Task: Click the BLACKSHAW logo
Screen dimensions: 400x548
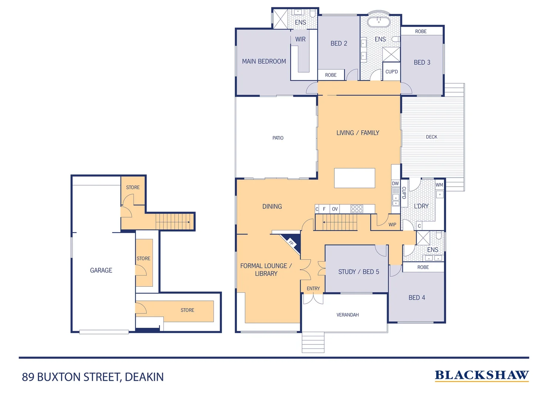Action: click(482, 375)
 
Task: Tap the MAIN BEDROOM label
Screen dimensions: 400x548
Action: click(264, 61)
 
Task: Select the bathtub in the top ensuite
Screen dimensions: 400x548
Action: click(378, 22)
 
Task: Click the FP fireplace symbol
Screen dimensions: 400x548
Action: click(292, 243)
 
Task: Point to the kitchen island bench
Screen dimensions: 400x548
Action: click(354, 178)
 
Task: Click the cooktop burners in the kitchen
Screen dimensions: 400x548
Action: click(357, 209)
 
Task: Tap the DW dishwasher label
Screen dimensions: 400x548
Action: click(395, 183)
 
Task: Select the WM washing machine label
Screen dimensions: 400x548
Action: click(439, 185)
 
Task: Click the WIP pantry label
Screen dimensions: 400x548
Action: click(392, 224)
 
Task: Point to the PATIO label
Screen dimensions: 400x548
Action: click(278, 138)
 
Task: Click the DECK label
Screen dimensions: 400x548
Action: click(431, 137)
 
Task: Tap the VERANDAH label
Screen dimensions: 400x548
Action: click(347, 315)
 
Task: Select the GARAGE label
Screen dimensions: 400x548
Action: click(101, 270)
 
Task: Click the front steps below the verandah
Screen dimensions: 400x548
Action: click(313, 342)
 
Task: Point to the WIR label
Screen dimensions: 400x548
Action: click(300, 39)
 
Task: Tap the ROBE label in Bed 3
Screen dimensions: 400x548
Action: click(421, 31)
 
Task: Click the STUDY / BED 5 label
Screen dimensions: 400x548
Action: click(358, 272)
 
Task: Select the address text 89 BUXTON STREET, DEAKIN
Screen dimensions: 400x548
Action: click(93, 377)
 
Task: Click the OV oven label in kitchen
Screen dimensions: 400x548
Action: click(335, 209)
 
